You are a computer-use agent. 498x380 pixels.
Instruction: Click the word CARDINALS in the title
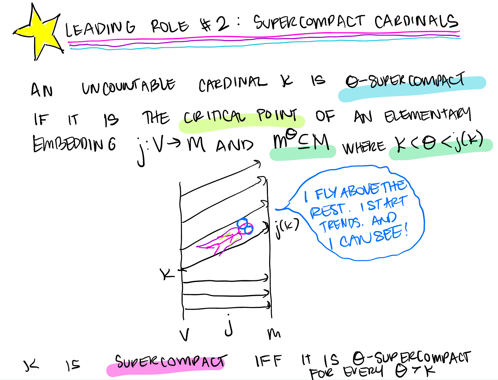416,21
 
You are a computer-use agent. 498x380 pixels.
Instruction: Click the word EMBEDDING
74,144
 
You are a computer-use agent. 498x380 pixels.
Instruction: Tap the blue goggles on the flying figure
245,226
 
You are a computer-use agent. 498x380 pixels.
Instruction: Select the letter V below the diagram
184,335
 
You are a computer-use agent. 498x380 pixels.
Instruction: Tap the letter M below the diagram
274,333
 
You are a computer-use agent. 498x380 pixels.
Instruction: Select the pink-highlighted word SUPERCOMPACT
170,362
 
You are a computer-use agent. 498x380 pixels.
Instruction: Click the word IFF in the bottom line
268,361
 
